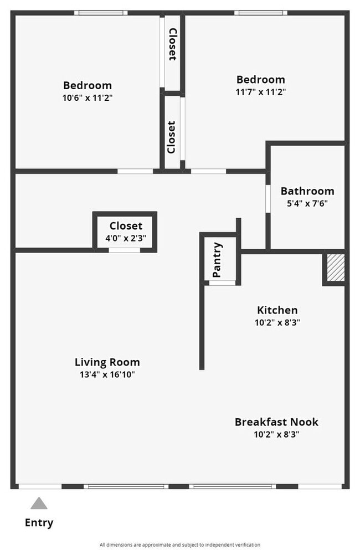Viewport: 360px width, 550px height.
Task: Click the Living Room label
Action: tap(107, 362)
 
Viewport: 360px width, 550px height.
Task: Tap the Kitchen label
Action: tap(277, 310)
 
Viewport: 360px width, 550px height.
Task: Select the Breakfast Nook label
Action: tap(276, 422)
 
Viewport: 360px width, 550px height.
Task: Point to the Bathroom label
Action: tap(307, 191)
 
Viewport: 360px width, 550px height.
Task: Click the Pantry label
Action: tap(217, 260)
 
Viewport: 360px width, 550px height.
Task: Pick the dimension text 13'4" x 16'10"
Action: tap(107, 375)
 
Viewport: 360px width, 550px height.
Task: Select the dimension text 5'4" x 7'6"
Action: tap(307, 203)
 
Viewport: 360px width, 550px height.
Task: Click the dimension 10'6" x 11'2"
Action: tap(87, 97)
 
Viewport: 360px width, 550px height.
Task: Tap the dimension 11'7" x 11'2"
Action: tap(260, 92)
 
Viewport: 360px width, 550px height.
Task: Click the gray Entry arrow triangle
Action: tap(39, 503)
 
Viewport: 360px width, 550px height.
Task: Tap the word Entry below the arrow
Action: tap(39, 522)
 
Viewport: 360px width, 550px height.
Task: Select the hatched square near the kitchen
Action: tap(335, 268)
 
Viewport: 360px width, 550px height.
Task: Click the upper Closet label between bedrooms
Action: tap(172, 44)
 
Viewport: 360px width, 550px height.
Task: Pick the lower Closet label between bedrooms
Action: tap(172, 137)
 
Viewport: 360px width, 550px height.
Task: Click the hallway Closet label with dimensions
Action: tap(126, 225)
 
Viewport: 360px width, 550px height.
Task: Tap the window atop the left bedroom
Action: tap(101, 13)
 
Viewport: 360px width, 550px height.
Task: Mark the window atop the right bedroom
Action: tap(260, 13)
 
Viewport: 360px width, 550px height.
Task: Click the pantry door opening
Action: tap(222, 282)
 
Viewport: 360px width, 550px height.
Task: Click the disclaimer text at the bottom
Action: tap(179, 544)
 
